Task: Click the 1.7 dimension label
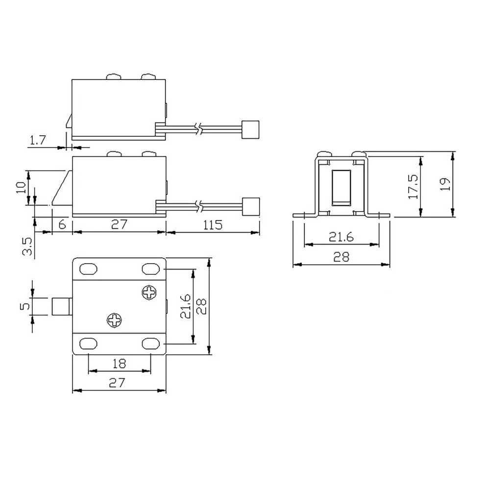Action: pos(38,140)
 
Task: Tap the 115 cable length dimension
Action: pos(213,225)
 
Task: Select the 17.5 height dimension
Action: pos(413,187)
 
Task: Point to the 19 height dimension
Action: pos(445,184)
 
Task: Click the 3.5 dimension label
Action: pos(27,246)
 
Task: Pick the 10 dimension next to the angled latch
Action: pos(21,188)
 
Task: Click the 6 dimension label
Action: pos(62,224)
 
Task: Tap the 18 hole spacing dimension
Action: pos(119,364)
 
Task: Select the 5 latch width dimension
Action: pos(25,306)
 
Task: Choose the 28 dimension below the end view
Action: pos(341,257)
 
